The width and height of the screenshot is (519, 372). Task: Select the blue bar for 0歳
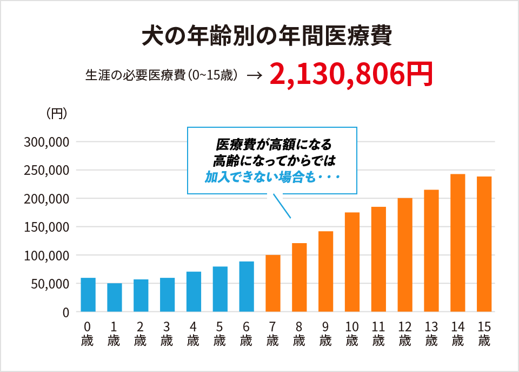point(88,295)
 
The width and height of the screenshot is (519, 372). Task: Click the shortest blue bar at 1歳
point(115,297)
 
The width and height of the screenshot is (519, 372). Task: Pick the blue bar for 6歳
point(247,286)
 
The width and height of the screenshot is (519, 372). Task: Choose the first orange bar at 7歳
point(273,283)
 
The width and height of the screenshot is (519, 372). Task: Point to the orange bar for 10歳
point(352,262)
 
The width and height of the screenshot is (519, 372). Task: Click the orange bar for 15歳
point(484,244)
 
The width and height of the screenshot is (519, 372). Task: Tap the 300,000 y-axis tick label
point(46,142)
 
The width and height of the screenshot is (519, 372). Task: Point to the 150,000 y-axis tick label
point(46,227)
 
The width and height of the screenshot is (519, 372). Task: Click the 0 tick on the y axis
point(66,312)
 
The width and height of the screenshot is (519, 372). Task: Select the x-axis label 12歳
point(405,334)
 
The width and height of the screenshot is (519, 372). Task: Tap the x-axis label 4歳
point(194,334)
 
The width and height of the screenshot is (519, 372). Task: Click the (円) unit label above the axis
point(56,113)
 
